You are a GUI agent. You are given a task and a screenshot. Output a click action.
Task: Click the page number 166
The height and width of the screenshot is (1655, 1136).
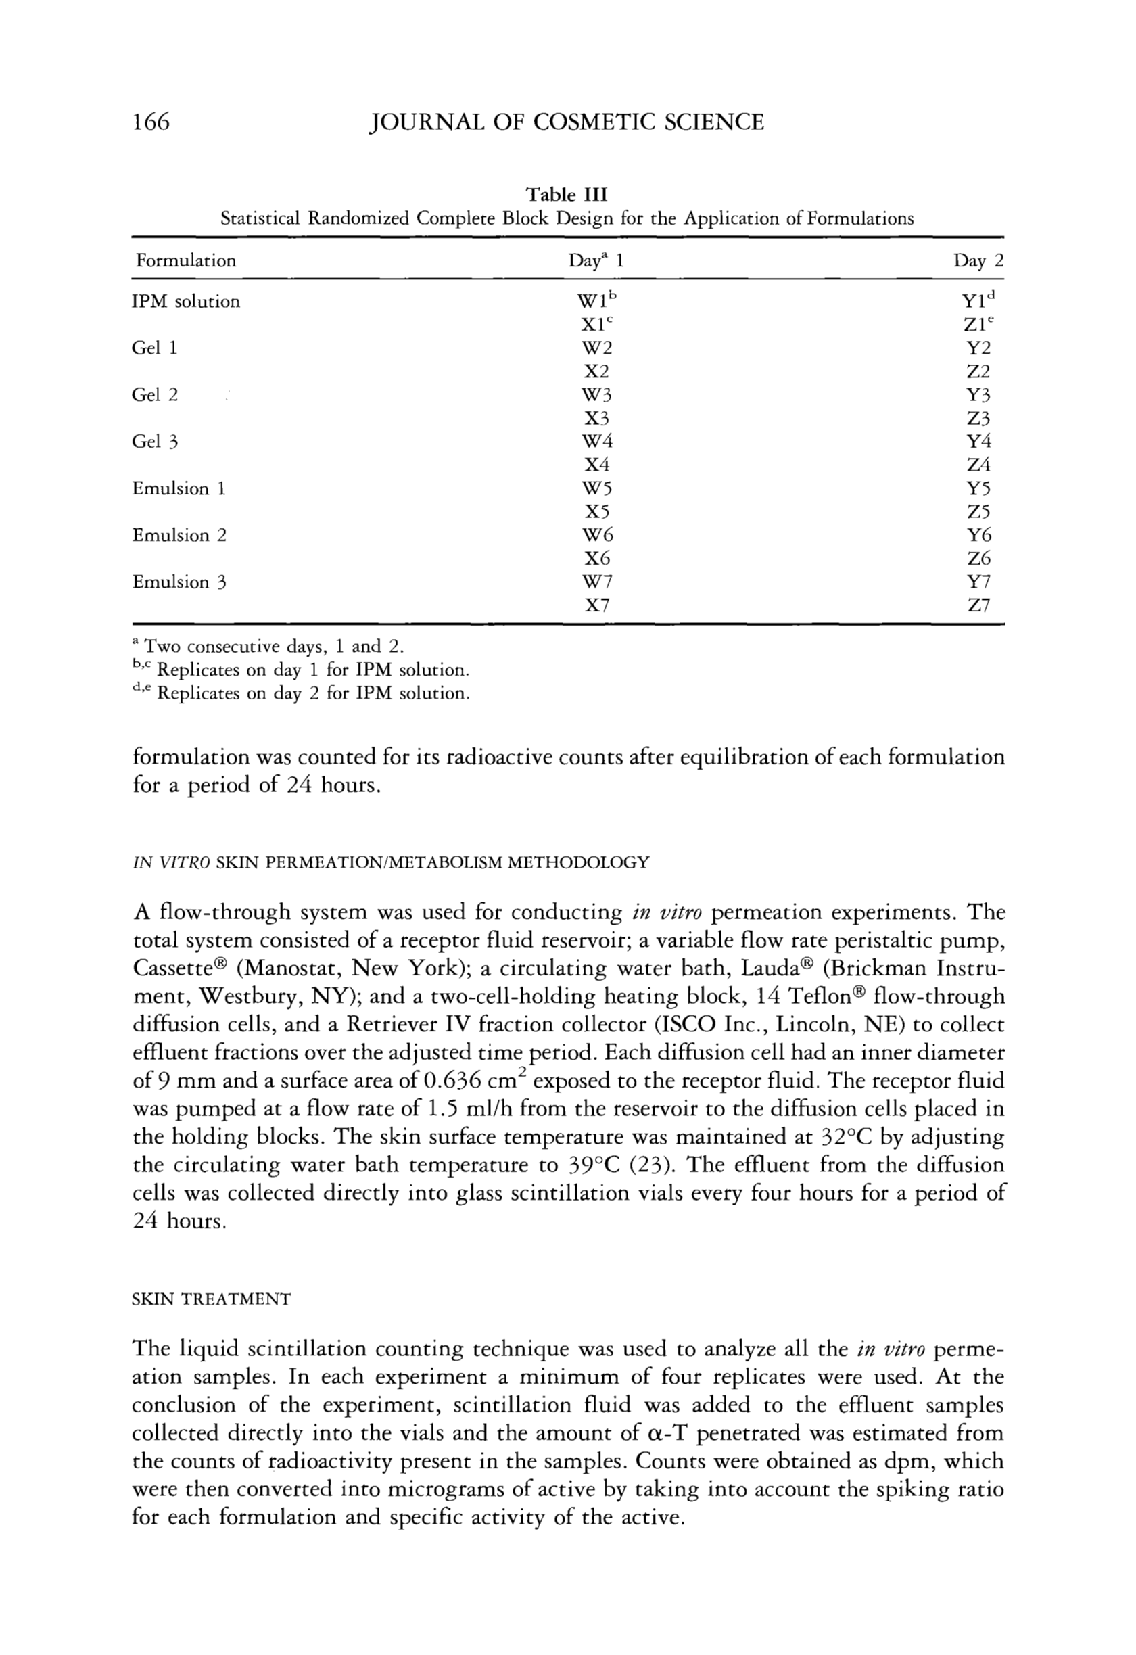click(x=151, y=122)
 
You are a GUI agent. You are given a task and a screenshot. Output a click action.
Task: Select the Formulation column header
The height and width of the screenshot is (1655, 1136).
click(x=186, y=260)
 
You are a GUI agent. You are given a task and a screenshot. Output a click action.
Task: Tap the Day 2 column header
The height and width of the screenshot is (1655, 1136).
click(x=978, y=260)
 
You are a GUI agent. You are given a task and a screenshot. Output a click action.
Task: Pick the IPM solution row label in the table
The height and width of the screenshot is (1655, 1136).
click(x=187, y=302)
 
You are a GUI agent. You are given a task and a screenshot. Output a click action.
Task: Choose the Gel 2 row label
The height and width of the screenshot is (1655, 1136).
click(x=154, y=395)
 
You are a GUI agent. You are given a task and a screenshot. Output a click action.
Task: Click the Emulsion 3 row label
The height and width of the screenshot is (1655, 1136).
click(x=179, y=582)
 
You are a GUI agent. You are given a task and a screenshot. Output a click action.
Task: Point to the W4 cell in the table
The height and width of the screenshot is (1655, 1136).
click(x=597, y=442)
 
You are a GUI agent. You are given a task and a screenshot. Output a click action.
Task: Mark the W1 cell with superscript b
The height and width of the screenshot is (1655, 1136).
click(x=598, y=301)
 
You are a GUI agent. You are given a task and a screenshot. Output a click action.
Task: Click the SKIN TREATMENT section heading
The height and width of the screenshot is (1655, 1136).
click(x=212, y=1300)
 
